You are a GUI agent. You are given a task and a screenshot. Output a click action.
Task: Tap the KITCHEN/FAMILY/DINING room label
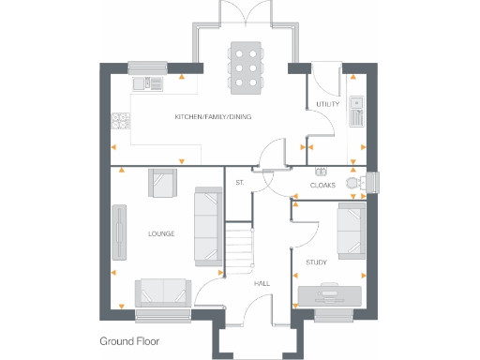[213, 117]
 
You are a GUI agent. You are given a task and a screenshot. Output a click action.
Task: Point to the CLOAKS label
[322, 185]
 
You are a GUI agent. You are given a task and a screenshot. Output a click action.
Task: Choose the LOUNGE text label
[163, 232]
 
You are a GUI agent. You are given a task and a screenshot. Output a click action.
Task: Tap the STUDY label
[316, 262]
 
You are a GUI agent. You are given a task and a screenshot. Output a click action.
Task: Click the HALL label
[262, 283]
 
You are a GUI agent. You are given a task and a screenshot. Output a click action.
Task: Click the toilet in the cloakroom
[354, 183]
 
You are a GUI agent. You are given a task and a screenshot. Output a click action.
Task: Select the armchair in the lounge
[161, 182]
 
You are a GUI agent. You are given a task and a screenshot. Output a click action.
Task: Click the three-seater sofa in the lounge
[207, 224]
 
